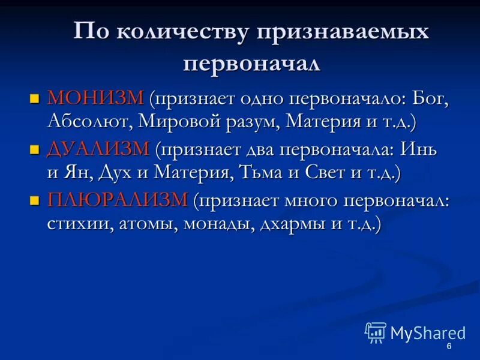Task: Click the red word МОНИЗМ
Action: point(95,98)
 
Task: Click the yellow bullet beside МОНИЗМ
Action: point(35,98)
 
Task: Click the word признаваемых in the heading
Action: point(343,32)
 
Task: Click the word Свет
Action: point(328,173)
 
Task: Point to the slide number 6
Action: point(449,349)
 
